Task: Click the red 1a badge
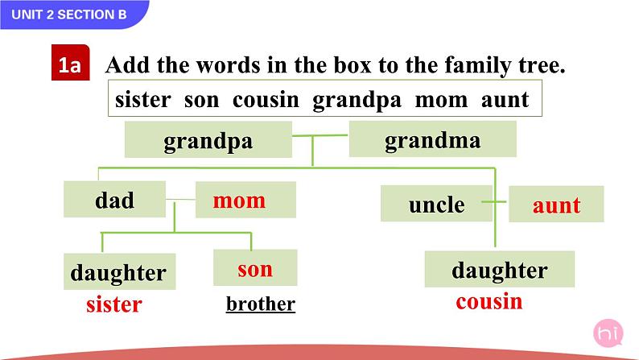coord(69,66)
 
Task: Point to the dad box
coord(114,200)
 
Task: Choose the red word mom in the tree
coord(239,200)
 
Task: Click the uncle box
coord(436,204)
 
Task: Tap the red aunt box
coord(556,205)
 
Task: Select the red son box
coord(255,268)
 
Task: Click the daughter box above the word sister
coord(117,272)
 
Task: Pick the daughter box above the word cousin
coord(499,270)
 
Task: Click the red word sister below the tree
coord(113,304)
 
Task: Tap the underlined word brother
coord(261,304)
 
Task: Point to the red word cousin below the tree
coord(489,302)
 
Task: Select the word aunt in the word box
coord(505,100)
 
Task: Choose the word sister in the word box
coord(143,100)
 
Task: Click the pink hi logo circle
coord(606,333)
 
